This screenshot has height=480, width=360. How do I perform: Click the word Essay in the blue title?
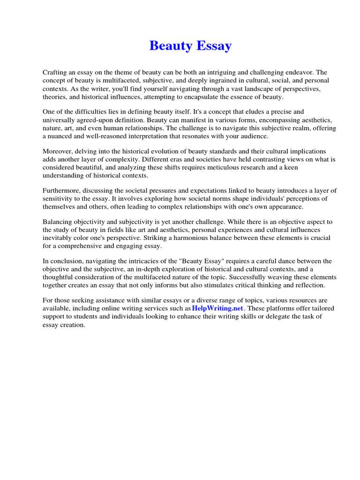pos(214,46)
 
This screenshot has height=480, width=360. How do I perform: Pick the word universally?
pos(59,120)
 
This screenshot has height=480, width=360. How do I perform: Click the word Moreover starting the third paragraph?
pos(58,151)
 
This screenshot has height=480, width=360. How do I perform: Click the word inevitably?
pos(58,238)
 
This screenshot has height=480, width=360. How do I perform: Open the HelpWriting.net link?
pos(217,308)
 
